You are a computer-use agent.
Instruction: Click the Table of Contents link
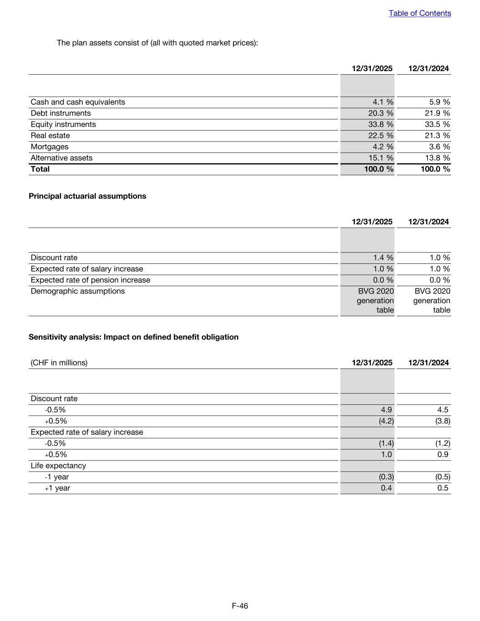click(x=419, y=13)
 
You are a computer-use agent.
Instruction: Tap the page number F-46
click(x=240, y=606)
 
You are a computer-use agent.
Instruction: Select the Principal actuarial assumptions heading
click(x=87, y=196)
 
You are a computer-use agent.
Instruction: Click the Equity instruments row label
click(x=63, y=124)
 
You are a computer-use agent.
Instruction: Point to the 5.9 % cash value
click(x=439, y=102)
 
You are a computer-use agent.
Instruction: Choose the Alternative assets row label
click(x=61, y=158)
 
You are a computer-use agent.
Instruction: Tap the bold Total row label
click(x=40, y=169)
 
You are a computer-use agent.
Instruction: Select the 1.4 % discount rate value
click(x=383, y=257)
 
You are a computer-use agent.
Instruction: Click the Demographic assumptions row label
click(x=77, y=291)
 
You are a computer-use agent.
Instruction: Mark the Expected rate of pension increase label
click(x=90, y=280)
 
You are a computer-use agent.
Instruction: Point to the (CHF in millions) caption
click(x=59, y=363)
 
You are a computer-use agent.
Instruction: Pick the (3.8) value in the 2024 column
click(x=443, y=421)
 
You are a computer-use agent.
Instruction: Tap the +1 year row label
click(x=57, y=488)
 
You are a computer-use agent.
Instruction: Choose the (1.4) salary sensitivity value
click(x=386, y=443)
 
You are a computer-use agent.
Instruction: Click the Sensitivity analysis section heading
click(x=133, y=337)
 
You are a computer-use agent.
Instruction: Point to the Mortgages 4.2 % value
click(x=383, y=146)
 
